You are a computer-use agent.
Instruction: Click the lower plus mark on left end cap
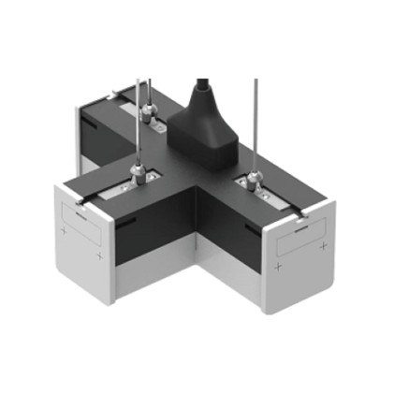tap(97, 255)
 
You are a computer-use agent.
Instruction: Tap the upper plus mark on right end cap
tap(322, 245)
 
